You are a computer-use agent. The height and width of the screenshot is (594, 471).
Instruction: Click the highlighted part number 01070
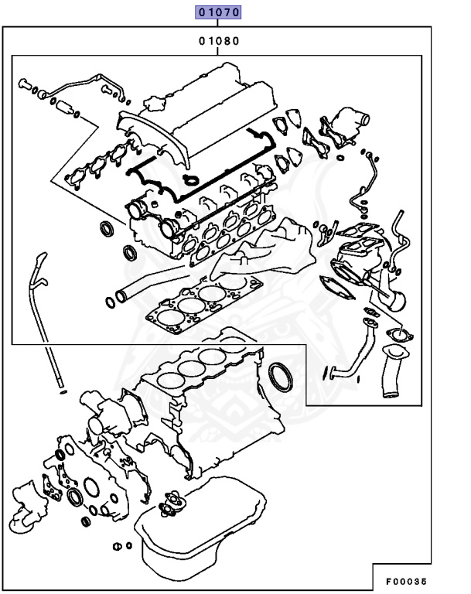coord(219,13)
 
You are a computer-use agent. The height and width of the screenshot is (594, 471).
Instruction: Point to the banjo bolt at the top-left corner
coord(27,84)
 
